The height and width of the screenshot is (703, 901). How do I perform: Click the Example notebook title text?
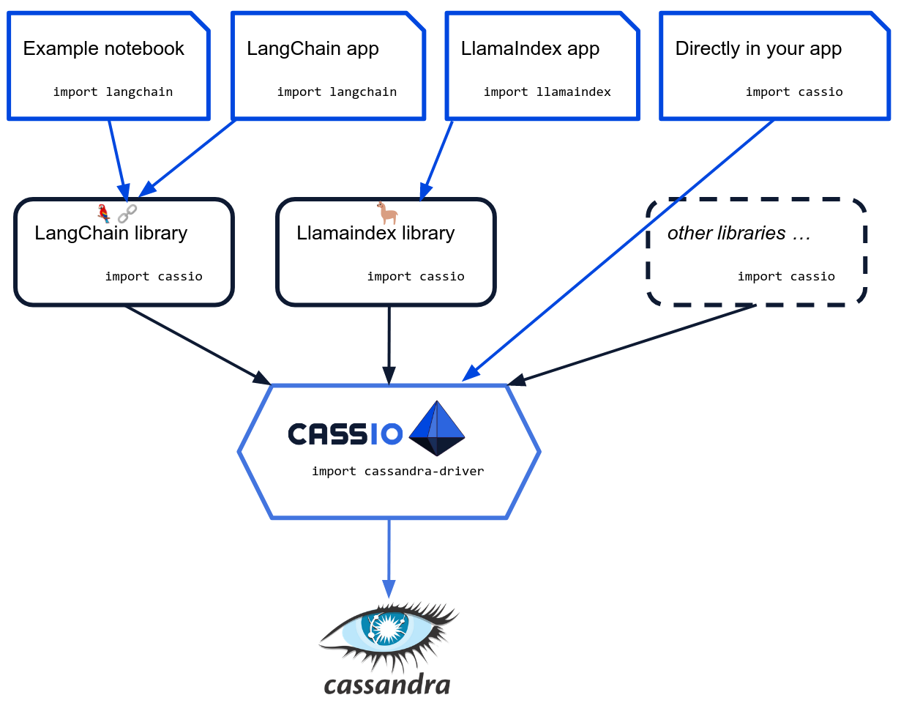click(x=104, y=49)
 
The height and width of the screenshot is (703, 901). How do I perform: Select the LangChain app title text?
click(x=313, y=49)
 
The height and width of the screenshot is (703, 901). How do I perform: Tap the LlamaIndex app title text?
click(x=530, y=49)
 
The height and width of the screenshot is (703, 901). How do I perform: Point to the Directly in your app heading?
click(x=758, y=49)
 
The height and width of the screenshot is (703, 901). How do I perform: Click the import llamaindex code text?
click(x=547, y=92)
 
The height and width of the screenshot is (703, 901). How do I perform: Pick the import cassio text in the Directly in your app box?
click(x=794, y=92)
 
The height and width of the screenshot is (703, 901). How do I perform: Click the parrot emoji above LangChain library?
click(x=104, y=213)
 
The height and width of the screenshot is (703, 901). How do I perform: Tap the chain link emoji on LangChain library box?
click(x=127, y=213)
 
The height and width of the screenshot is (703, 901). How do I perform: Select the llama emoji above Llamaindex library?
click(x=387, y=213)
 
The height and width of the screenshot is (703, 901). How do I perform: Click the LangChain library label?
click(x=111, y=234)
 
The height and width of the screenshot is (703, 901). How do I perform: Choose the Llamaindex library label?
click(x=375, y=234)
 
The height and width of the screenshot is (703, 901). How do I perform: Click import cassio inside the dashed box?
click(x=786, y=277)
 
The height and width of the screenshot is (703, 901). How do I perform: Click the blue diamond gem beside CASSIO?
click(x=437, y=428)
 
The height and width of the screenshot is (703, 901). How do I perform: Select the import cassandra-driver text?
click(x=397, y=471)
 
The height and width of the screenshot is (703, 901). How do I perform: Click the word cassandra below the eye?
click(x=386, y=685)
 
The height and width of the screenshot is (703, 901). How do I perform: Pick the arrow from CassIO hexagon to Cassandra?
click(x=389, y=557)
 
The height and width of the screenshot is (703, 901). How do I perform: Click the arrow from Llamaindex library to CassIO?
click(x=389, y=344)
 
